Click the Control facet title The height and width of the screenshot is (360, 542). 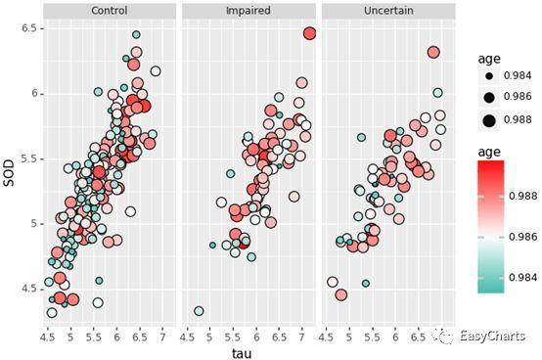[x=109, y=11]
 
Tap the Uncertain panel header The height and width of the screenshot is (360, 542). [x=387, y=11]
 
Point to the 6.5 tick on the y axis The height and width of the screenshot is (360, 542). [x=29, y=28]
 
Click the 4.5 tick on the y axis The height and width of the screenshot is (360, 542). [x=29, y=289]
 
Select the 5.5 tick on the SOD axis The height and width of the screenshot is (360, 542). [x=29, y=158]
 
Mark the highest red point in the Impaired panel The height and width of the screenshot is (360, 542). [x=309, y=33]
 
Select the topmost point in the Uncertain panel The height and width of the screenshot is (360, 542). [x=433, y=53]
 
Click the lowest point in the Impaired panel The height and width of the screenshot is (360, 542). [x=199, y=311]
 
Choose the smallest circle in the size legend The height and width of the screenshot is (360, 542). [x=485, y=75]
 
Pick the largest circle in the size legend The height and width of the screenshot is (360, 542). [x=485, y=120]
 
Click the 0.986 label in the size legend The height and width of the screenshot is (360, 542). [x=517, y=98]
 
